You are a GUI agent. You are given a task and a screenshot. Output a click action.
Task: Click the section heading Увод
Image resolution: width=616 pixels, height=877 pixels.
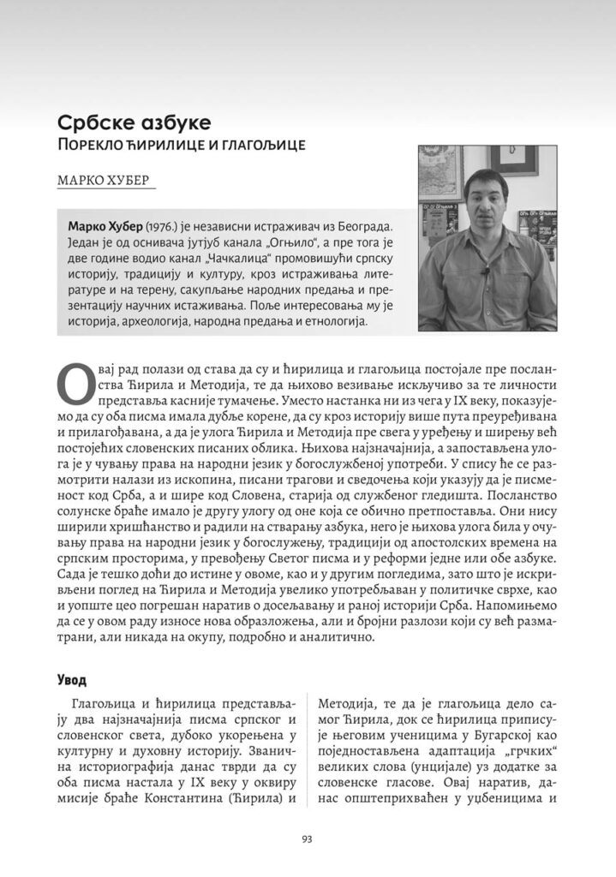(x=73, y=680)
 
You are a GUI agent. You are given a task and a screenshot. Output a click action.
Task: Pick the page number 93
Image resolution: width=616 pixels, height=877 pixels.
(x=308, y=839)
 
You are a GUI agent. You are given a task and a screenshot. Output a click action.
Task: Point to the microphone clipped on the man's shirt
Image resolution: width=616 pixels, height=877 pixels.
(x=486, y=272)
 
